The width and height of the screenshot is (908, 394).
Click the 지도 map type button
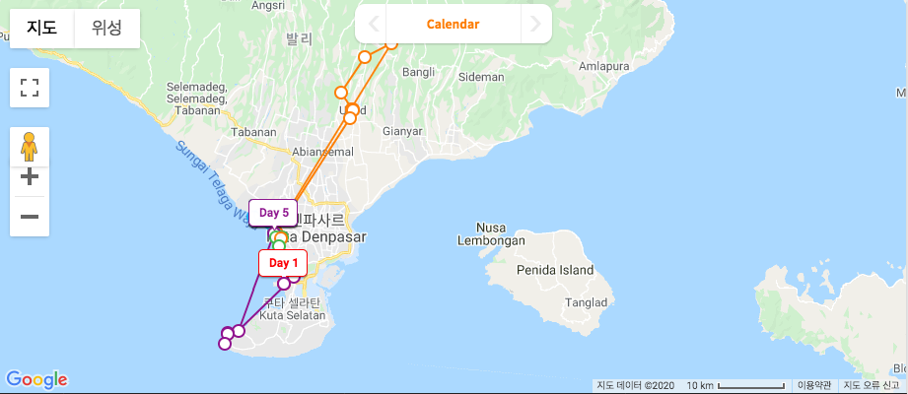click(41, 29)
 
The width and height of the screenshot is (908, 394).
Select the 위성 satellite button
click(106, 29)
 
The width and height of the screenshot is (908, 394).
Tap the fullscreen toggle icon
click(30, 89)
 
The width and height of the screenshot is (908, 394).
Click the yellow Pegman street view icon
click(30, 147)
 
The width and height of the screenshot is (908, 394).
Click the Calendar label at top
click(453, 25)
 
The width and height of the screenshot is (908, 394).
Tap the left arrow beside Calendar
click(373, 25)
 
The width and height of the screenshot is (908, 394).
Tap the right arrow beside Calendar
click(534, 25)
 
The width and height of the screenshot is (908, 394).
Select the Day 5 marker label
click(273, 213)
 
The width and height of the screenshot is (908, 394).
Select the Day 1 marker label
click(283, 263)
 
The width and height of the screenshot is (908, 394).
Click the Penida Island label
click(557, 270)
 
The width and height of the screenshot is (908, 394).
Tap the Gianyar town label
click(402, 131)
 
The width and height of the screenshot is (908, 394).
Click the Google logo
click(36, 379)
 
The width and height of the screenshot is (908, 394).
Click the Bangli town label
click(418, 72)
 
